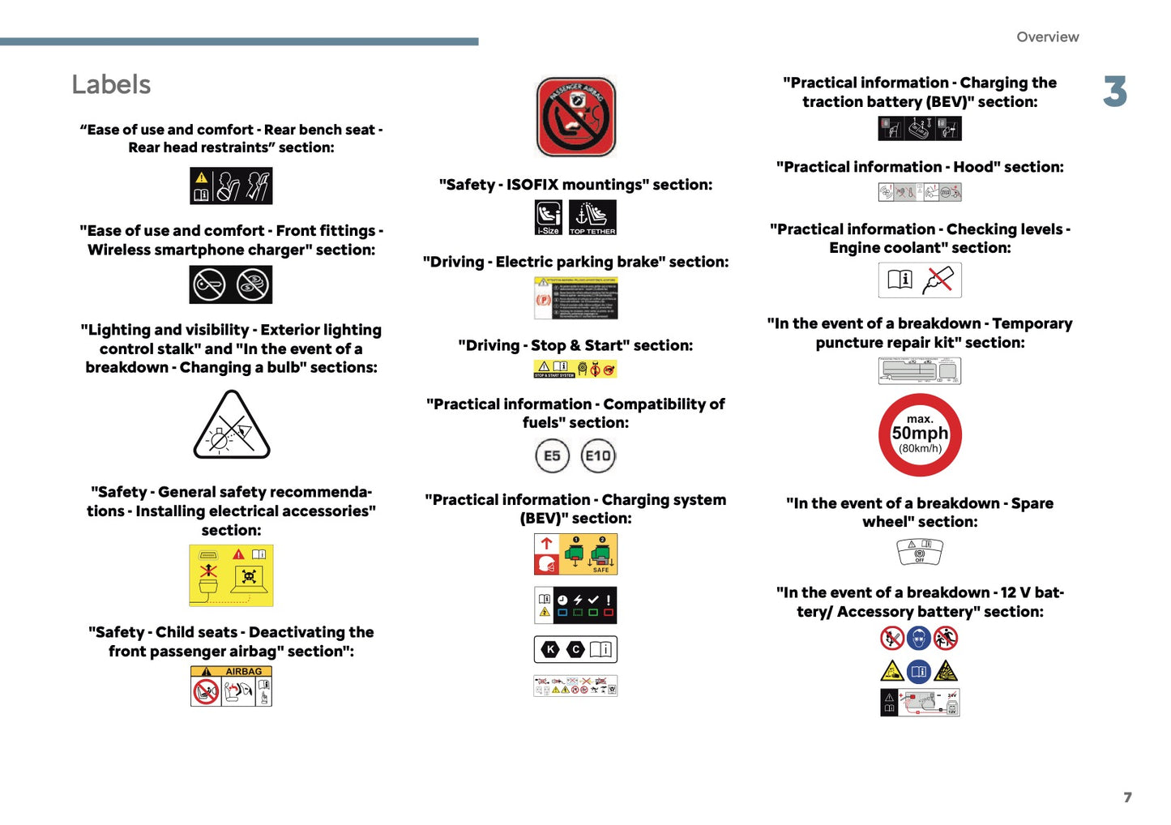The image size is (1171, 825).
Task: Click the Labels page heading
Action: point(111,85)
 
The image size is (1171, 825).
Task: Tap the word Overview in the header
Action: point(1047,37)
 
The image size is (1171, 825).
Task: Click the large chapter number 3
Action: point(1115,92)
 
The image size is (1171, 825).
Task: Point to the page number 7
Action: point(1127,797)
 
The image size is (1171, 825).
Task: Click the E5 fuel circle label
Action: point(552,455)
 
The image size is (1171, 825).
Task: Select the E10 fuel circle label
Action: point(598,455)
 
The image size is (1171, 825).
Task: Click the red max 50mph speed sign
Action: point(920,435)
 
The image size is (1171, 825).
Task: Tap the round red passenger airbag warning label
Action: point(576,117)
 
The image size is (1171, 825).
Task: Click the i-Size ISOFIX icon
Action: point(549,217)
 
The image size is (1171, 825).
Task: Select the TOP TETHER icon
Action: point(592,217)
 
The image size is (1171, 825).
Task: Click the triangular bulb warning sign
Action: point(232,425)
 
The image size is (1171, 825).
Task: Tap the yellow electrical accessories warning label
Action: point(231,575)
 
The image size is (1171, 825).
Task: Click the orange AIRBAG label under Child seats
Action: point(231,686)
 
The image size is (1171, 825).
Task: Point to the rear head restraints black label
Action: point(231,186)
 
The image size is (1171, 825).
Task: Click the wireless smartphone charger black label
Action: point(231,284)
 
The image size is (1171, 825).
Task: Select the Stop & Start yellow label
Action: point(575,370)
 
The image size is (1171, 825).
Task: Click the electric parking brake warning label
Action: point(575,298)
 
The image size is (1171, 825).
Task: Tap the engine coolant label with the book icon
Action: point(920,280)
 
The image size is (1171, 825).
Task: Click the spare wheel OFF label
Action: point(920,551)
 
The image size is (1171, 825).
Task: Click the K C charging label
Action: point(575,649)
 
